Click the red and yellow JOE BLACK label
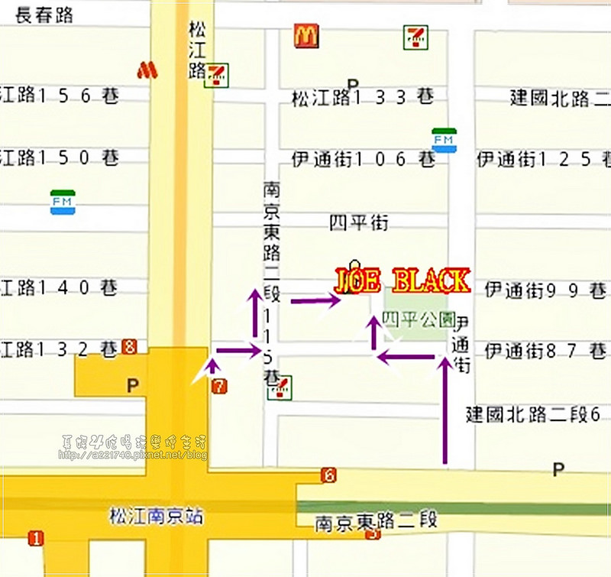point(402,281)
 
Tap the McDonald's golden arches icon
point(305,35)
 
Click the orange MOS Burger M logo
point(147,70)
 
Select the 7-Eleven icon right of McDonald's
point(415,36)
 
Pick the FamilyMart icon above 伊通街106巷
point(444,140)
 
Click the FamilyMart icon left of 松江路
point(63,202)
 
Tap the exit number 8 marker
point(129,347)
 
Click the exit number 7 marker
point(220,386)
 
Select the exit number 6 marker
point(328,475)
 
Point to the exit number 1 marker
point(35,539)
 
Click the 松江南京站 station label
point(156,517)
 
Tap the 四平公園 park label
point(418,319)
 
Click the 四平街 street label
point(359,223)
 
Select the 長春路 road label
point(44,15)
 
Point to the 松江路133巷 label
point(363,98)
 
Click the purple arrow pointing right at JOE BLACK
point(315,301)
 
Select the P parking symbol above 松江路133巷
point(352,83)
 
